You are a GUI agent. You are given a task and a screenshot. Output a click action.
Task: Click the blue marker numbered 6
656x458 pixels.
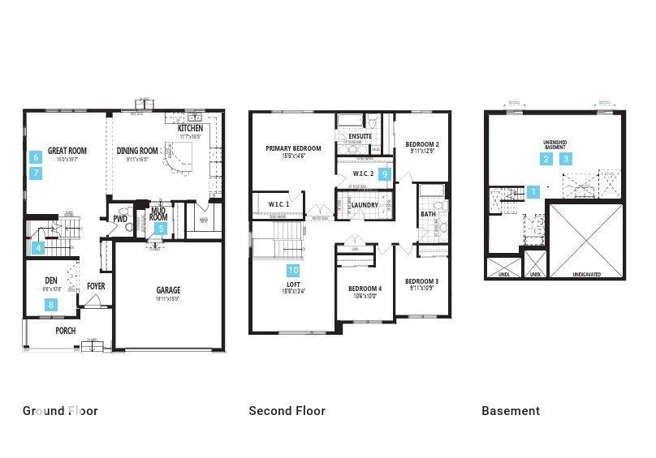point(36,157)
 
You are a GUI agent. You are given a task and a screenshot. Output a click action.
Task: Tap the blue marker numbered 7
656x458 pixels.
point(36,173)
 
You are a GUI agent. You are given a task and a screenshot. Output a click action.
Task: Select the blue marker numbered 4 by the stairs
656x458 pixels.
point(37,248)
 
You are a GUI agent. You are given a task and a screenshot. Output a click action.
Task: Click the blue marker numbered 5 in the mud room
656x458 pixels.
point(161,229)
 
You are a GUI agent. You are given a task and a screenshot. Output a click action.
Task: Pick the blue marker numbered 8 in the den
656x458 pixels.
point(51,305)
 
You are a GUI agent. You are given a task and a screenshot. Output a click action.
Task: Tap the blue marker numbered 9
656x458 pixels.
point(386,173)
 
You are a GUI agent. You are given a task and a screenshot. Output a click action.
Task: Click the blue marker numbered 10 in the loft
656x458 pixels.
point(293,270)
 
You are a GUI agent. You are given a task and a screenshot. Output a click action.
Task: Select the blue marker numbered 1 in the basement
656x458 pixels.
point(533,192)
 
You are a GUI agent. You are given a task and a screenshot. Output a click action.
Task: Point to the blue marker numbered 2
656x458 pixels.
point(548,159)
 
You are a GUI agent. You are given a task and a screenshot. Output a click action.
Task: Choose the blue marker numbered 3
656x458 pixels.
point(566,159)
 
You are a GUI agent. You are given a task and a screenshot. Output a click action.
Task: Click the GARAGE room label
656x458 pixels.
point(168,290)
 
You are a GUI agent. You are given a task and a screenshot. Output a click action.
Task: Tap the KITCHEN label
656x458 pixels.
point(190,129)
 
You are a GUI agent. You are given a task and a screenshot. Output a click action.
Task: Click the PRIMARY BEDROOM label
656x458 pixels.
point(294,148)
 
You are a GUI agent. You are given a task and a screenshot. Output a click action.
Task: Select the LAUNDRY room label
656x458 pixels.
point(365,205)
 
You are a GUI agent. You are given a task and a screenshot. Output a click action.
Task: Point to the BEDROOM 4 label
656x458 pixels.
point(365,289)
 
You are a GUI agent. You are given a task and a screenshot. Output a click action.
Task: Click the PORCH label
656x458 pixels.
point(66,330)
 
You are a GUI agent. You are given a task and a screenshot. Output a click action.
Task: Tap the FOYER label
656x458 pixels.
point(96,286)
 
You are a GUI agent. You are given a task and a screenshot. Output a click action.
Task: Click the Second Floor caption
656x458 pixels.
point(287,411)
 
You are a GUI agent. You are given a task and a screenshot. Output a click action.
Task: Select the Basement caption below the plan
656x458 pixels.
point(510,411)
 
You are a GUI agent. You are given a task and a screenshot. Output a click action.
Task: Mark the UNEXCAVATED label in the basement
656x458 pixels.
point(586,275)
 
